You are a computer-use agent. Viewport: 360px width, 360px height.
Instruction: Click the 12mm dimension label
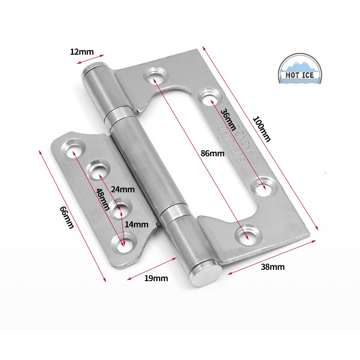tap(81, 51)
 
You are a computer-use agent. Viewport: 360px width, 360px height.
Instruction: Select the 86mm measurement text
tap(212, 154)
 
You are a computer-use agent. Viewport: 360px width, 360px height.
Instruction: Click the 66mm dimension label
tap(67, 217)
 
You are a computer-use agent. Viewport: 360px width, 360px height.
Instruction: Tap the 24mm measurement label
tap(123, 189)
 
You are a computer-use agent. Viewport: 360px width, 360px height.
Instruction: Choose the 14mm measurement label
tap(137, 224)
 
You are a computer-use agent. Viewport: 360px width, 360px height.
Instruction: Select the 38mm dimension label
tap(273, 267)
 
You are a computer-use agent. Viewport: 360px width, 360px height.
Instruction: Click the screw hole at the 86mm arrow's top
tap(154, 75)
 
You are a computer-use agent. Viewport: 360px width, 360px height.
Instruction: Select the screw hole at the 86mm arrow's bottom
tap(247, 235)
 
